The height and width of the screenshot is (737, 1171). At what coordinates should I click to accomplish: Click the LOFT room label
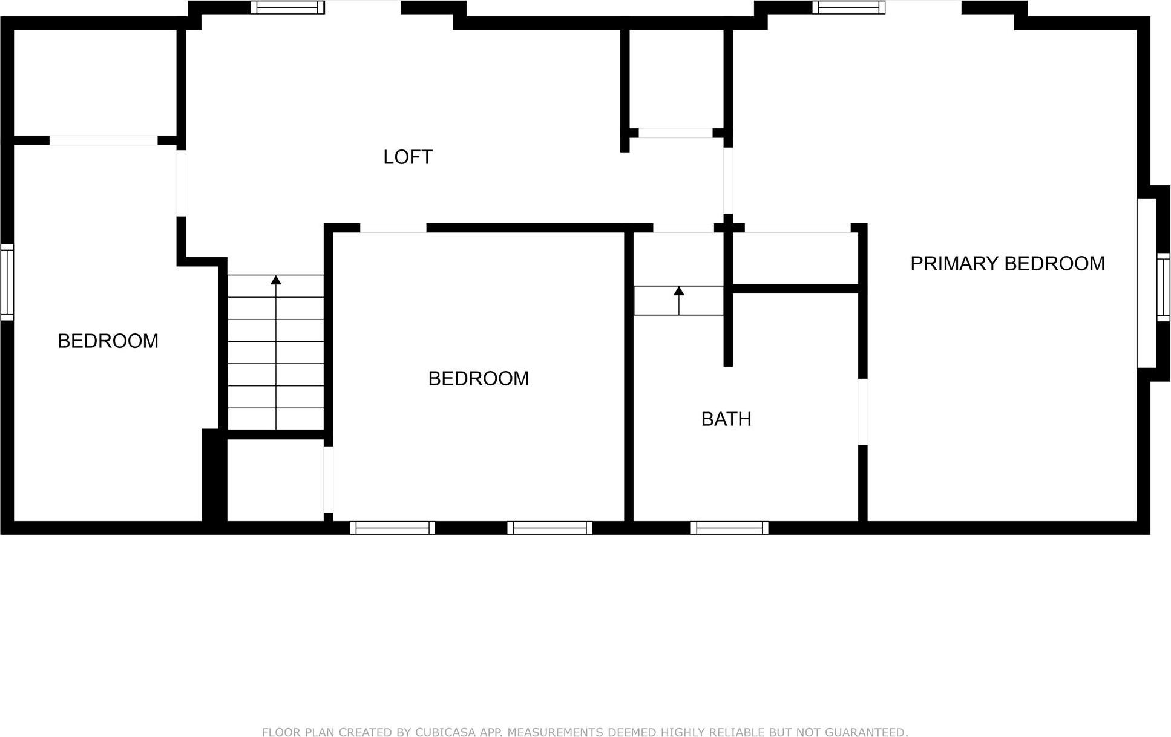[x=408, y=157]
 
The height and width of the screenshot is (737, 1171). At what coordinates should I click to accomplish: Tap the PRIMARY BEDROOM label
[x=1007, y=264]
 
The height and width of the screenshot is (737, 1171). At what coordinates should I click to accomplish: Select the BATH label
[x=726, y=419]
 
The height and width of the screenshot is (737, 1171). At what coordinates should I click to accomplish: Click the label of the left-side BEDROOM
[x=108, y=341]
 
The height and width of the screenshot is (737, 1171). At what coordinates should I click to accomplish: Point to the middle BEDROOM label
[x=478, y=379]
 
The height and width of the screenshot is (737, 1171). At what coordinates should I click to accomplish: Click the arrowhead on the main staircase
[x=276, y=280]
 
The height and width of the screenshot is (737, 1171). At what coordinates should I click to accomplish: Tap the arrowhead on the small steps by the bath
[x=679, y=291]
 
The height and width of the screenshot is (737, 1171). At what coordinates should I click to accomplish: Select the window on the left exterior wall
[x=7, y=282]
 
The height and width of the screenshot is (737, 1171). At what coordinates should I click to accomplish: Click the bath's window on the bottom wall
[x=729, y=528]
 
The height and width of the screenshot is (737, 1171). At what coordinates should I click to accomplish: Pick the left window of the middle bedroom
[x=392, y=528]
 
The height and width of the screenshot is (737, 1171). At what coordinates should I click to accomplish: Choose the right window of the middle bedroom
[x=549, y=528]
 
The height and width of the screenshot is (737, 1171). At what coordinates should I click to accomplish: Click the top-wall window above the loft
[x=287, y=7]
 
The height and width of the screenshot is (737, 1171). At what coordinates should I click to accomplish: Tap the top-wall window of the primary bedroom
[x=848, y=7]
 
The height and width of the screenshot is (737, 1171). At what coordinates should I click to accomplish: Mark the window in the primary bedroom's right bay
[x=1163, y=287]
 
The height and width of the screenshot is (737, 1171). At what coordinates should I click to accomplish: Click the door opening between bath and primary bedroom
[x=863, y=411]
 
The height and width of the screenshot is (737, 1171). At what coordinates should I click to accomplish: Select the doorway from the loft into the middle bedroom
[x=393, y=228]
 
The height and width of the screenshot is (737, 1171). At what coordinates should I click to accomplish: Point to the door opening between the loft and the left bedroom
[x=181, y=183]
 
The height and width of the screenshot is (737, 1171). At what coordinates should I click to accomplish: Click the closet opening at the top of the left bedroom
[x=103, y=140]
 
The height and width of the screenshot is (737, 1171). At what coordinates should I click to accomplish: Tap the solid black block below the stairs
[x=214, y=475]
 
